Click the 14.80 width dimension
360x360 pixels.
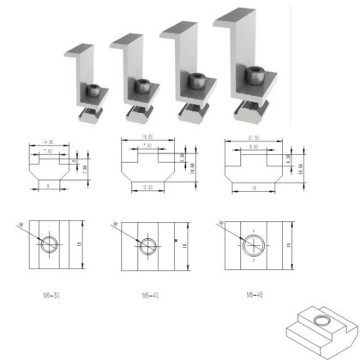[45, 141]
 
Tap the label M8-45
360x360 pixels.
[253, 295]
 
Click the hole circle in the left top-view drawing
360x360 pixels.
[49, 243]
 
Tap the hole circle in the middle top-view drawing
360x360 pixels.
[147, 245]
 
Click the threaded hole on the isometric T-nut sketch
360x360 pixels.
[321, 321]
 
